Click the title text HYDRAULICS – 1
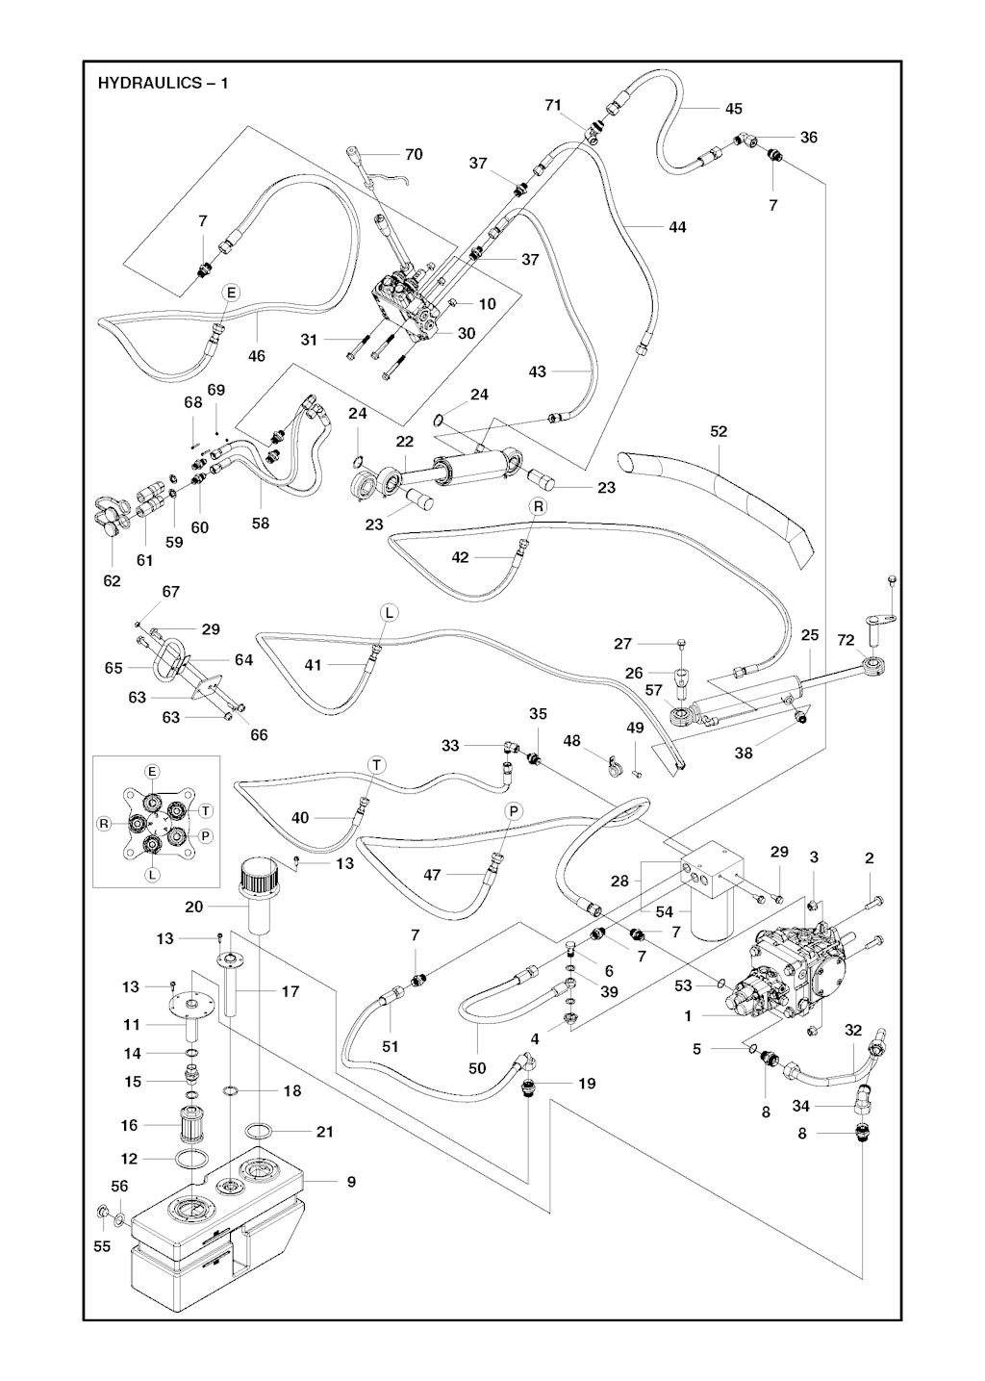click(163, 83)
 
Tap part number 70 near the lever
click(414, 154)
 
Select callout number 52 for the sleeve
click(719, 432)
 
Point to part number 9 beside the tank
click(351, 1182)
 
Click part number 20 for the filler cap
click(194, 907)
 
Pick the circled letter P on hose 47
click(514, 812)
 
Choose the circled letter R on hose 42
click(538, 505)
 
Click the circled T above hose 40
click(376, 764)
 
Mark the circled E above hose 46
click(231, 292)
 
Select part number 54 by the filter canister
click(666, 911)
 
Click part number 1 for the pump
click(689, 1015)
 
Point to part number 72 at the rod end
click(846, 640)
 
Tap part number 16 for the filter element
click(130, 1125)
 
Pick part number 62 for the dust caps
click(113, 580)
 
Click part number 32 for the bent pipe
click(853, 1030)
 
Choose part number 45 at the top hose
click(733, 109)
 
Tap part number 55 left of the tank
click(102, 1246)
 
